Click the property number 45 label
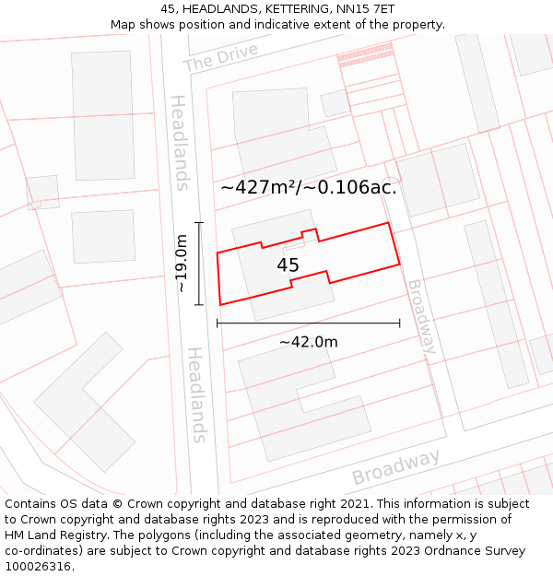coord(288,265)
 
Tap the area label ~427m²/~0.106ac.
coord(309,187)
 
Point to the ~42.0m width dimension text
coord(309,342)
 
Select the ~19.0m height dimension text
coord(182,264)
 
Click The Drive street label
coord(220,57)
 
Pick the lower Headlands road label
coord(196,394)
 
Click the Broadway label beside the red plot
coord(421,316)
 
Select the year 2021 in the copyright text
coord(355,504)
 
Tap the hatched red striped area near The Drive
coord(365,57)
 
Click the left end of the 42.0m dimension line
coord(217,323)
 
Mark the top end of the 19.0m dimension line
coord(198,223)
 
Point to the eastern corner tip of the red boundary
coord(399,264)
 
